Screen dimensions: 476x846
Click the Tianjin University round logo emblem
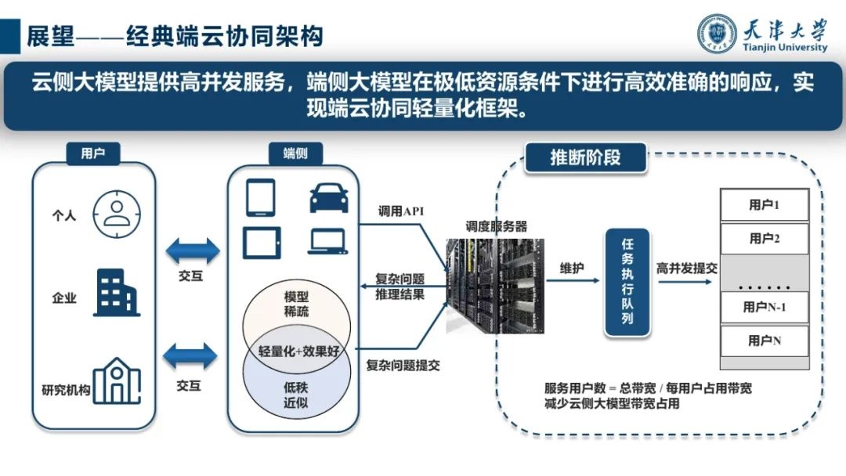[x=717, y=34]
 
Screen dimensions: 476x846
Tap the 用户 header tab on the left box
[x=92, y=153]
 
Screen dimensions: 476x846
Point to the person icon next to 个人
[x=115, y=213]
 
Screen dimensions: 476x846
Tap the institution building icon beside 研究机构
[x=116, y=381]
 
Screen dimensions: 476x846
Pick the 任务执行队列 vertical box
[x=627, y=283]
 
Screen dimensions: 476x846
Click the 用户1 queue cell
[x=764, y=205]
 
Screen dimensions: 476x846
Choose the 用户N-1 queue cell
[x=764, y=307]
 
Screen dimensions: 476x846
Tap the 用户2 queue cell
[x=764, y=238]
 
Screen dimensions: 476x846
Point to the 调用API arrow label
[x=401, y=211]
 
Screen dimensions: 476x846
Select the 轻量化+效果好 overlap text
[x=295, y=350]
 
